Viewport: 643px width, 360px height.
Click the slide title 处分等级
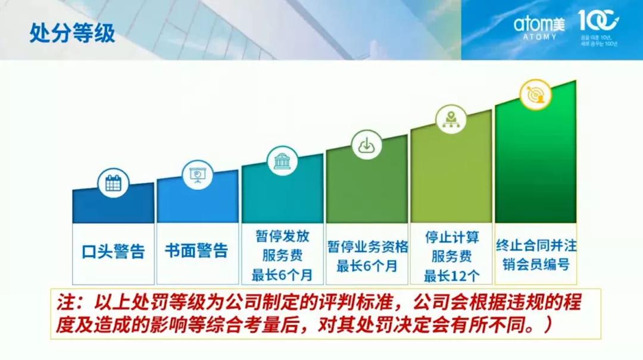pos(72,33)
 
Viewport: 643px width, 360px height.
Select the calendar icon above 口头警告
pos(113,183)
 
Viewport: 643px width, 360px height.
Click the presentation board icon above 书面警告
pos(196,174)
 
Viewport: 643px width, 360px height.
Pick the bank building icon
pos(282,161)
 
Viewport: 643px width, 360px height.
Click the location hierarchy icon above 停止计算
pos(451,118)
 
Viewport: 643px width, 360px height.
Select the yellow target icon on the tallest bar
pos(535,94)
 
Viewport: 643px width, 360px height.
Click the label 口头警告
pos(113,251)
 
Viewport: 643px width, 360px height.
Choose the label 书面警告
pos(196,251)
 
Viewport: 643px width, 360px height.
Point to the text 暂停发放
pos(282,236)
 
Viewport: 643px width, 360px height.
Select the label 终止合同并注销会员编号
pos(536,254)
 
